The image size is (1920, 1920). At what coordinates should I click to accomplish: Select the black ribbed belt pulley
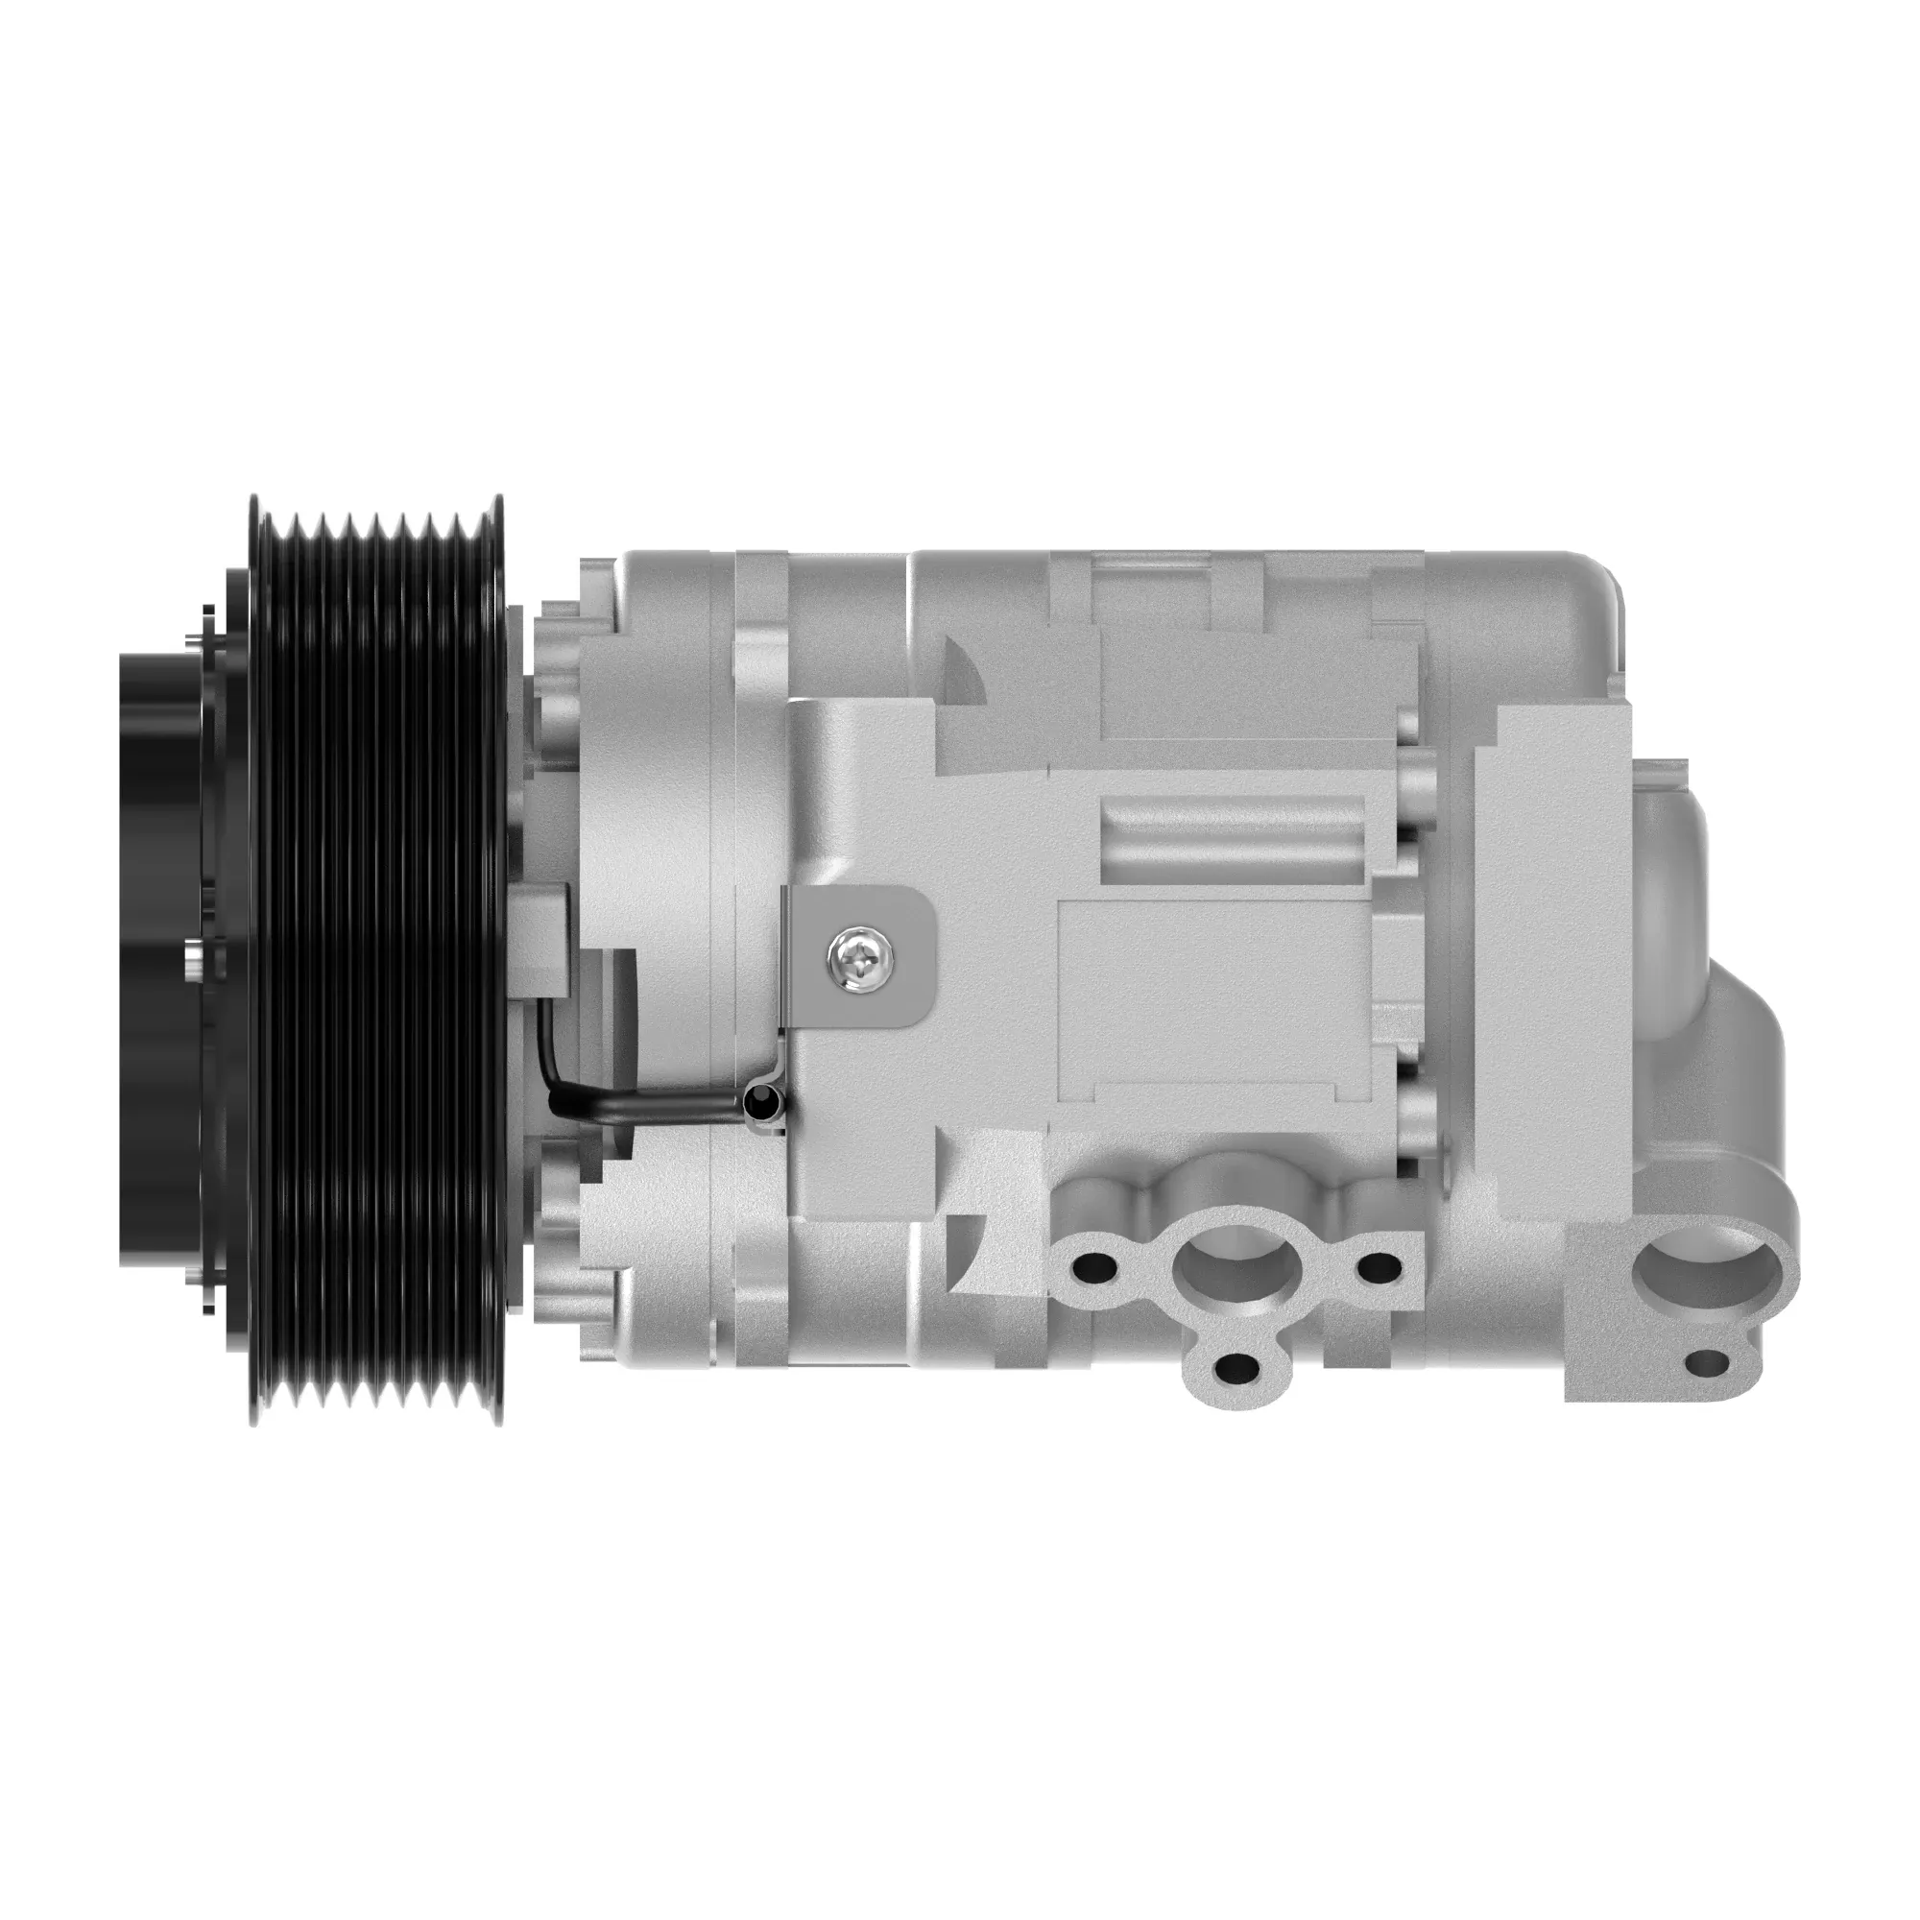377,960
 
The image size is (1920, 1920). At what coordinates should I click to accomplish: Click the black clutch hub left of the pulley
159,960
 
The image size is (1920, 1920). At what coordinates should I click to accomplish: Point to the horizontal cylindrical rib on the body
1233,840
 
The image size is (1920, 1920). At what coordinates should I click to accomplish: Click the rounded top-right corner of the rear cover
1595,582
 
